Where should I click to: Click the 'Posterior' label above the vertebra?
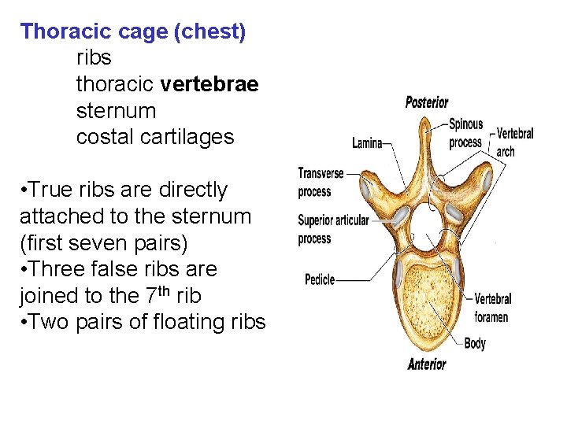pyautogui.click(x=427, y=102)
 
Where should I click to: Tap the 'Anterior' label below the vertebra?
pyautogui.click(x=427, y=364)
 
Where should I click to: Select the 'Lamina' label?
pyautogui.click(x=367, y=143)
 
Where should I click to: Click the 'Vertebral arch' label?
pyautogui.click(x=515, y=142)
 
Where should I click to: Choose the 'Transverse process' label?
pyautogui.click(x=321, y=181)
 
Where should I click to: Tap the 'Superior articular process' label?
pyautogui.click(x=332, y=229)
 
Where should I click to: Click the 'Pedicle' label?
pyautogui.click(x=320, y=279)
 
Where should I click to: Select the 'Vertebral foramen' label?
pyautogui.click(x=492, y=308)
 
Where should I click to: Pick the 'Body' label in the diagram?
pyautogui.click(x=475, y=343)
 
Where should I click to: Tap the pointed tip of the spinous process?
pyautogui.click(x=425, y=120)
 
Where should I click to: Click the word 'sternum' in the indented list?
pyautogui.click(x=117, y=110)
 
